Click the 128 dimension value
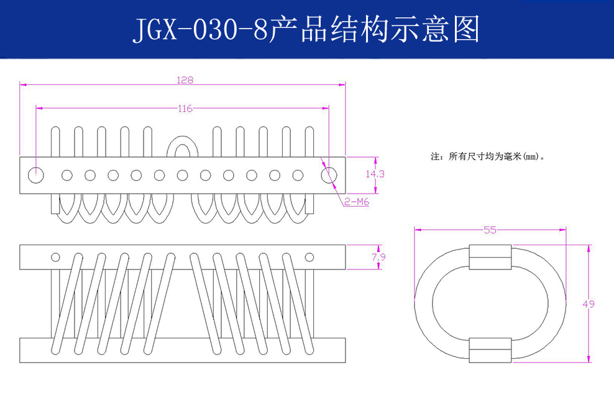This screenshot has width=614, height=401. click(185, 80)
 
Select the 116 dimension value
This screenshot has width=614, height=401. click(185, 109)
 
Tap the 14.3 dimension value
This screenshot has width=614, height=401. click(375, 174)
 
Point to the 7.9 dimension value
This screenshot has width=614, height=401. click(375, 257)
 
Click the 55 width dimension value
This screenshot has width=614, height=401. click(490, 230)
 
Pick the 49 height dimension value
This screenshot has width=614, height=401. click(589, 304)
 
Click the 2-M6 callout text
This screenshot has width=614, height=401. click(357, 201)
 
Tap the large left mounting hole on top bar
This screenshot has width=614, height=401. click(36, 175)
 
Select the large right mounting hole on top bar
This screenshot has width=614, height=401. click(330, 175)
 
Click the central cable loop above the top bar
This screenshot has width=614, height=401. click(182, 146)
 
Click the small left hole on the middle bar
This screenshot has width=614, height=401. click(55, 257)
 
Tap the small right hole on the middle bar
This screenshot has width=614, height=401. click(309, 257)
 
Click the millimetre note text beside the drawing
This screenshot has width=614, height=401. click(488, 157)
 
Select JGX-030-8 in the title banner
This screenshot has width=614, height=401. click(201, 29)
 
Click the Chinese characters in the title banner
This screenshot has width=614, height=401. click(375, 29)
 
